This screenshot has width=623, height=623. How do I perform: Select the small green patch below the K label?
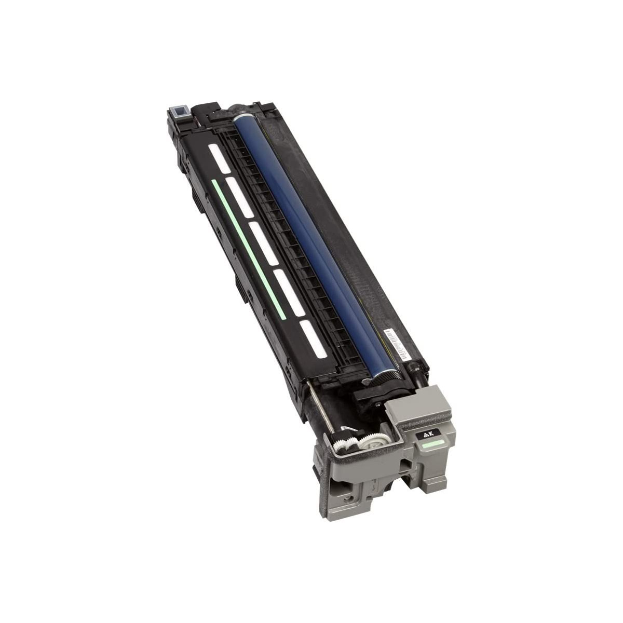coord(433,444)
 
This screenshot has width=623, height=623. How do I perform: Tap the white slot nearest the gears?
coord(313,339)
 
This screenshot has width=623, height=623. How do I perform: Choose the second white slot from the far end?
coord(239,197)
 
